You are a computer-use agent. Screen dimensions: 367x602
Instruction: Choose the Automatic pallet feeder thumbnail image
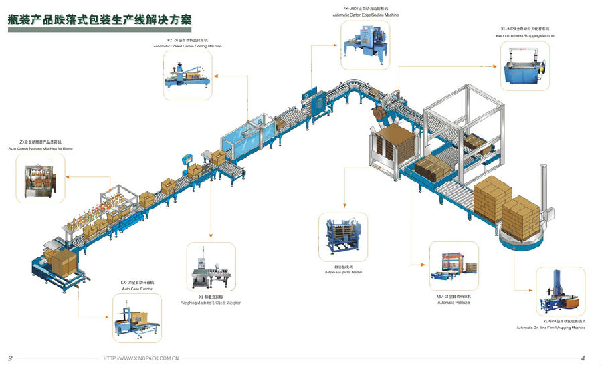point(343,237)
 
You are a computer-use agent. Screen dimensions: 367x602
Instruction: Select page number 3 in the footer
point(10,358)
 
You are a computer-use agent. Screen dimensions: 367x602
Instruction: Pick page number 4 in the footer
point(583,358)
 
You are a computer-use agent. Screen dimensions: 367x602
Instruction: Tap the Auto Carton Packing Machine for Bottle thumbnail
point(39,178)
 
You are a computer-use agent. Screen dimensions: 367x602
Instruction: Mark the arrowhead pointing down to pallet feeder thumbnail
point(343,206)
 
